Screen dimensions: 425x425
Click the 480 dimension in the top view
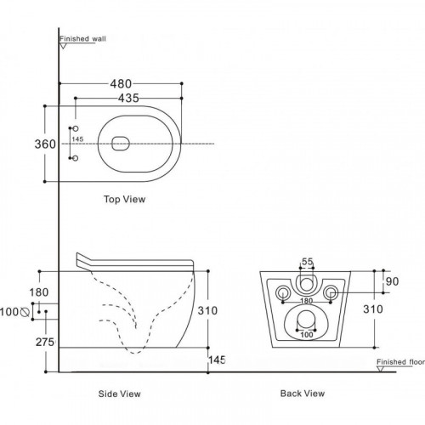[x=121, y=84]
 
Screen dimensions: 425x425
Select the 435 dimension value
[x=128, y=98]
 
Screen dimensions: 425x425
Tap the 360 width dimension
[x=45, y=144]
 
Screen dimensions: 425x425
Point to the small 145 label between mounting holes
[x=77, y=139]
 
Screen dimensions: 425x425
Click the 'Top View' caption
[x=124, y=199]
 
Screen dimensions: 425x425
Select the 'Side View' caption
[x=119, y=394]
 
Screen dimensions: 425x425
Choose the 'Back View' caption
[x=303, y=394]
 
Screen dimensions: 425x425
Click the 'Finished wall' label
[x=82, y=38]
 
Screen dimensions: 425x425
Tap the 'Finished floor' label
[x=400, y=362]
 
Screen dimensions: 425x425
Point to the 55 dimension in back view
[x=307, y=262]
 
